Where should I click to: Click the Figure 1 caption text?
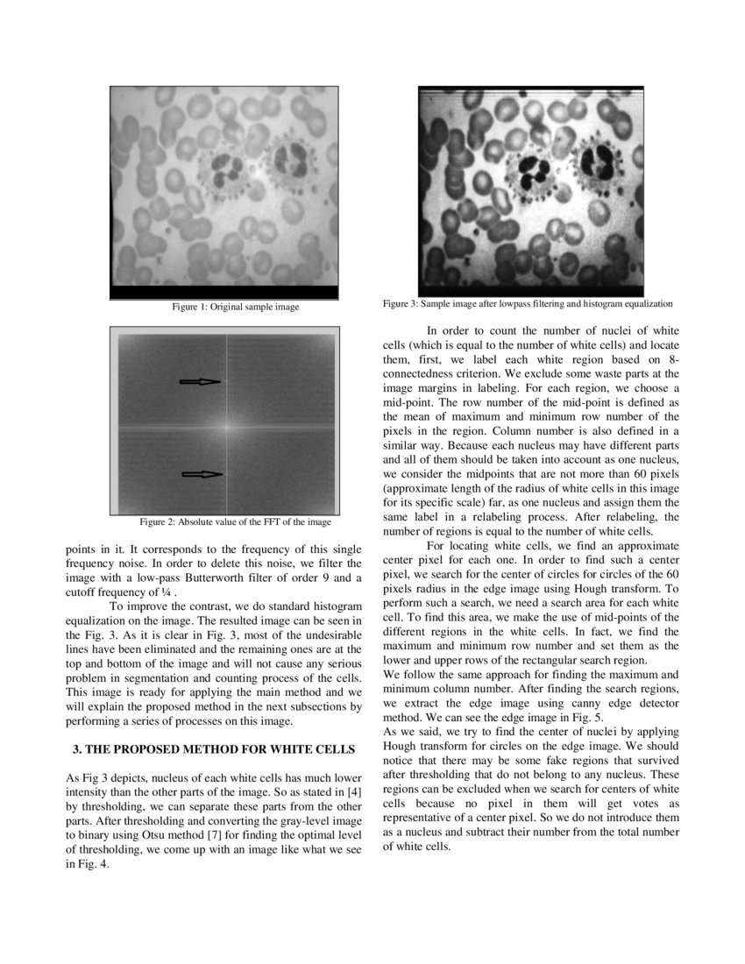235,308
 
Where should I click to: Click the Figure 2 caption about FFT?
236,522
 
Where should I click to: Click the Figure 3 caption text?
528,304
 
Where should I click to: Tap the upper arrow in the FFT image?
200,381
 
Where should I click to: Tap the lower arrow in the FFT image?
202,474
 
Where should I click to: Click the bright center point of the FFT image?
227,427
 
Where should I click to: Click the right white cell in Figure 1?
289,163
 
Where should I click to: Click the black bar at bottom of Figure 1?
223,293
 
